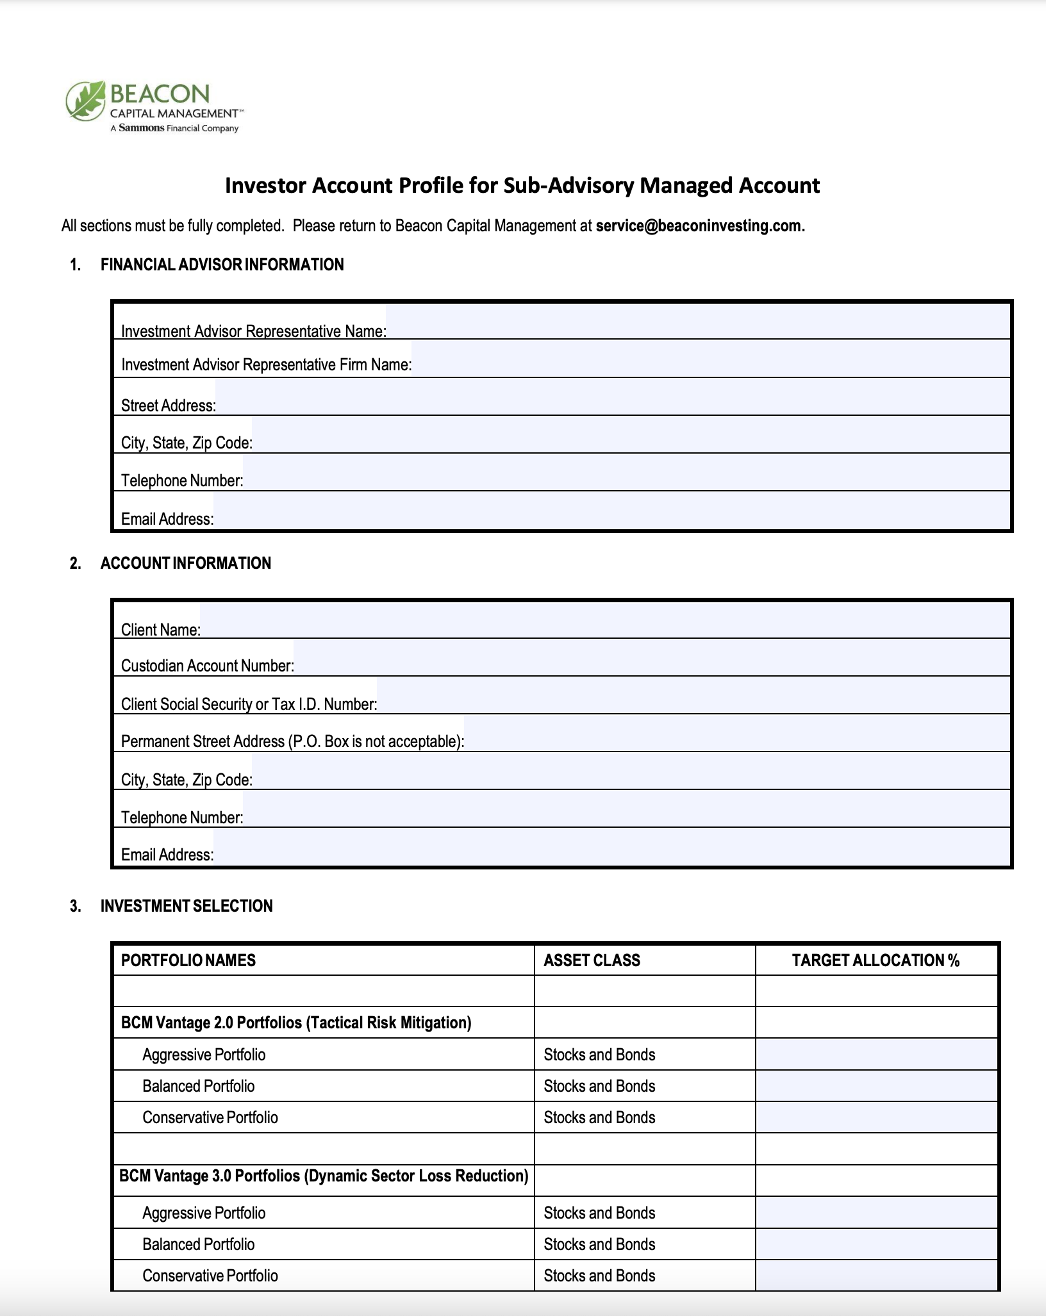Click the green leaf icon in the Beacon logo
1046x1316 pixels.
(85, 101)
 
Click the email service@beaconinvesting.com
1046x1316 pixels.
(699, 226)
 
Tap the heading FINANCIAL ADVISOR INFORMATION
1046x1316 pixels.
(222, 265)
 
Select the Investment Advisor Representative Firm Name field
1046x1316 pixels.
(710, 359)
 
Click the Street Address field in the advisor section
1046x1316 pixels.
(612, 398)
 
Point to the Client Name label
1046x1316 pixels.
(161, 630)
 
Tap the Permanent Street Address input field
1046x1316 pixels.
(737, 734)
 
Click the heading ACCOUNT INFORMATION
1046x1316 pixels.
(185, 563)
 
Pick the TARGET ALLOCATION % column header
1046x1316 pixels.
(876, 960)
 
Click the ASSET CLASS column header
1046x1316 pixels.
(592, 960)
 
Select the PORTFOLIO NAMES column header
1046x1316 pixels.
(188, 960)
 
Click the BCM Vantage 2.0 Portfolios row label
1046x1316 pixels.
(296, 1023)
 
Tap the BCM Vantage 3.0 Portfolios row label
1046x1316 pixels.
(324, 1176)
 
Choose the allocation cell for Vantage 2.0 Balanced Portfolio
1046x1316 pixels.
(876, 1086)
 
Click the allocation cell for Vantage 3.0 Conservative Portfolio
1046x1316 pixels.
(876, 1275)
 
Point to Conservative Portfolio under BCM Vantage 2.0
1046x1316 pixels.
(210, 1117)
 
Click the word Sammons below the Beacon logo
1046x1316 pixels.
(142, 128)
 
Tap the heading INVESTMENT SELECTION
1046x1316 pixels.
(187, 906)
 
